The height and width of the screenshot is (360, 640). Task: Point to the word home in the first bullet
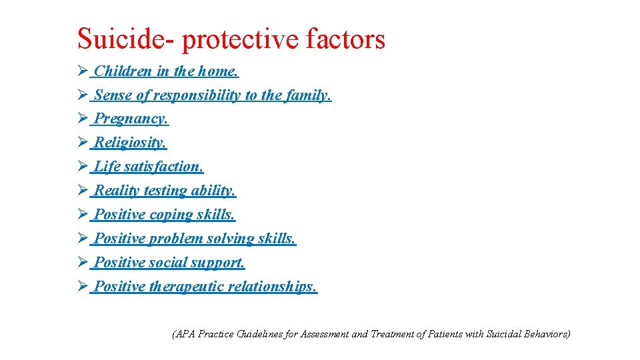pyautogui.click(x=218, y=71)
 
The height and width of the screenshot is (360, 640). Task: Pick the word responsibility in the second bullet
pyautogui.click(x=197, y=95)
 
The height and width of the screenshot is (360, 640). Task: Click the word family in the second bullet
pyautogui.click(x=308, y=95)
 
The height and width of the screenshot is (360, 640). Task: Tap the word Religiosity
pyautogui.click(x=131, y=143)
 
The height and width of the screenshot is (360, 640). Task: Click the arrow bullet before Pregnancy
pyautogui.click(x=83, y=119)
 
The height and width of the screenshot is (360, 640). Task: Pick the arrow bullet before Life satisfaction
pyautogui.click(x=83, y=167)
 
